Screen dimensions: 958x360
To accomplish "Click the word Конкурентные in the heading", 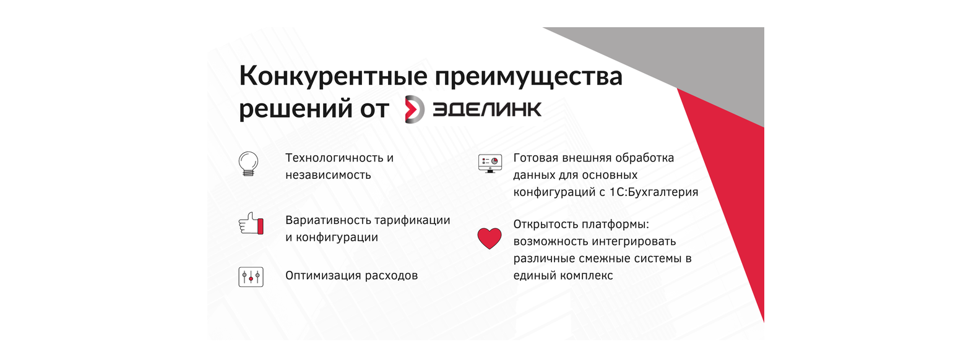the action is coord(333,76).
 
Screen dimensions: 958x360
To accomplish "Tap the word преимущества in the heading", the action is coord(529,78).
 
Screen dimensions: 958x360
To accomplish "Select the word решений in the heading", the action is coord(296,109).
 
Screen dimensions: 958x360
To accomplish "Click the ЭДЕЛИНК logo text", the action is coord(487,109).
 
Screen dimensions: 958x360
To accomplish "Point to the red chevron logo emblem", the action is coord(415,109).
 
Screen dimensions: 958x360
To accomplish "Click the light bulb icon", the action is coord(249,164).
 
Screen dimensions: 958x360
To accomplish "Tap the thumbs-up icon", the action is coord(251,224).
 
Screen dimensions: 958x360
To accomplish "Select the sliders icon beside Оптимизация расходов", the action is coord(251,276).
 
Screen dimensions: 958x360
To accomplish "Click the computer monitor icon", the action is coord(490,163).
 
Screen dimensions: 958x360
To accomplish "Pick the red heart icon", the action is coord(490,239).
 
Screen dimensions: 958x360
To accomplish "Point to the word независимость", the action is coord(328,175).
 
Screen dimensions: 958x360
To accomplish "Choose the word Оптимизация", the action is coord(317,275).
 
